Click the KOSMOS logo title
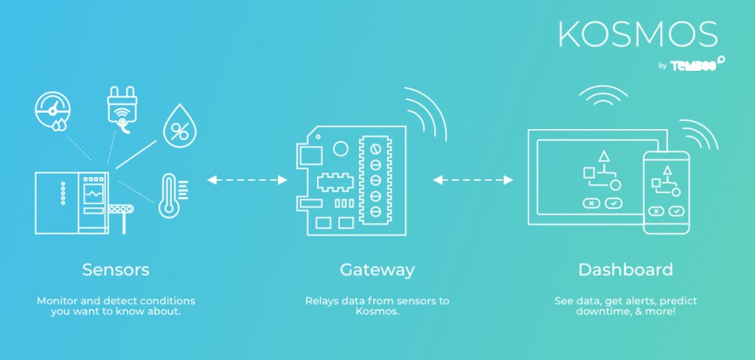(637, 34)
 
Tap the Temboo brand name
(695, 65)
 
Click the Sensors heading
(116, 269)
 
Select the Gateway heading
(377, 269)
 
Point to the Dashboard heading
(625, 269)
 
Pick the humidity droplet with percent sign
(178, 126)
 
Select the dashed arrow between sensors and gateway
(247, 179)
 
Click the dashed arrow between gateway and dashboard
(473, 179)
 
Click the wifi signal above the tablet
(602, 98)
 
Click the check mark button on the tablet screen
(613, 202)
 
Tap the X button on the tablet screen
(591, 202)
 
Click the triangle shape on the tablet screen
(603, 156)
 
